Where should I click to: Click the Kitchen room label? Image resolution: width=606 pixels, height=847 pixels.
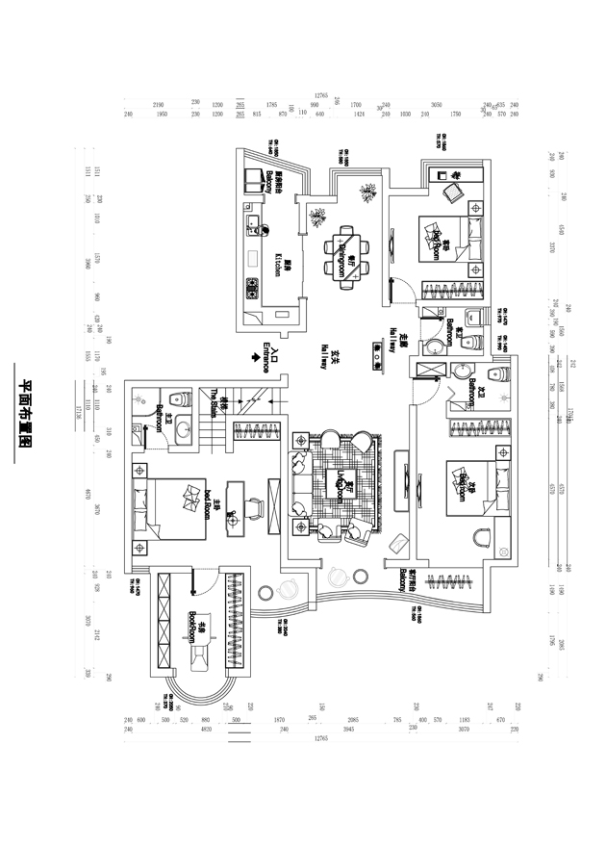point(278,265)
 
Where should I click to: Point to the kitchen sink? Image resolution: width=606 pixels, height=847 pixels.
point(253,228)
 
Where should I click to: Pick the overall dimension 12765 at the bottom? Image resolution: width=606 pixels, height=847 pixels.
point(321,740)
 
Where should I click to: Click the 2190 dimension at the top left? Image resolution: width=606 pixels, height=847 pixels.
point(159,104)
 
